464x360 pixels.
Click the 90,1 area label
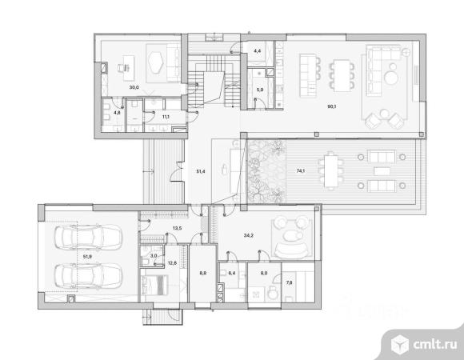[x=332, y=106]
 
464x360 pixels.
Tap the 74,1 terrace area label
[x=301, y=170]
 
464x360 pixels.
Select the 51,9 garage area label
[x=87, y=257]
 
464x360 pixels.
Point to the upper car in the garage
[x=88, y=238]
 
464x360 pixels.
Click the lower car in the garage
[x=88, y=276]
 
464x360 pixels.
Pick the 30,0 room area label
[x=134, y=87]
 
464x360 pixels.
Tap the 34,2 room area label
[x=249, y=235]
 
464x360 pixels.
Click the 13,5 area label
[x=177, y=228]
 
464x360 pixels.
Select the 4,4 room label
[x=258, y=51]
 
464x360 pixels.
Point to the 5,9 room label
[x=260, y=90]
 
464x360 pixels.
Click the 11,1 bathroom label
[x=166, y=117]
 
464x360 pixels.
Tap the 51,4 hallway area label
[x=201, y=171]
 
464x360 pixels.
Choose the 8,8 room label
[x=203, y=274]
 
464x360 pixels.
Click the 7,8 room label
[x=289, y=282]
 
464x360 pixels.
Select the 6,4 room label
[x=232, y=273]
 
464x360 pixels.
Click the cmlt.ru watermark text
[x=434, y=344]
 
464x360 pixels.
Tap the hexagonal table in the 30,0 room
[x=156, y=62]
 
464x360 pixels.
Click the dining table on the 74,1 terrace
[x=331, y=171]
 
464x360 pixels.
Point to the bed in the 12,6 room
[x=154, y=285]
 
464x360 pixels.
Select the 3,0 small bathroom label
[x=154, y=255]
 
